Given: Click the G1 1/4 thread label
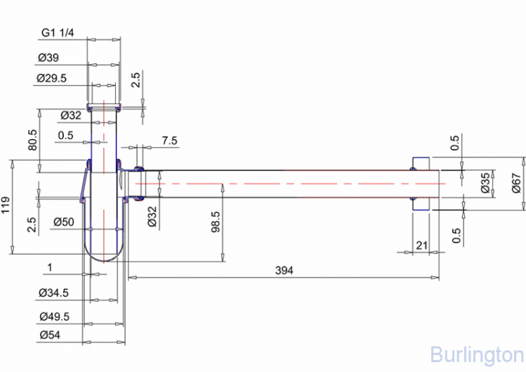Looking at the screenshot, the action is point(58,32).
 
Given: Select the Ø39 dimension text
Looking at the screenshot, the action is point(48,58).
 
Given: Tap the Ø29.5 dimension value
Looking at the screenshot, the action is point(52,78).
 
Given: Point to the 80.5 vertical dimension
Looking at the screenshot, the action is point(32,140).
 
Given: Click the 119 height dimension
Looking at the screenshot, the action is point(6,205).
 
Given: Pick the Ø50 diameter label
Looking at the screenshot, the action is point(64,222).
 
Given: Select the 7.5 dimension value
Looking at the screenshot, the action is point(170,140).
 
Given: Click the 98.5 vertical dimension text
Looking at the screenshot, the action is point(215,222).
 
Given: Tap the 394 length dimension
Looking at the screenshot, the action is point(284,270).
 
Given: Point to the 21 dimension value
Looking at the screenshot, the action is point(422,246).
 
